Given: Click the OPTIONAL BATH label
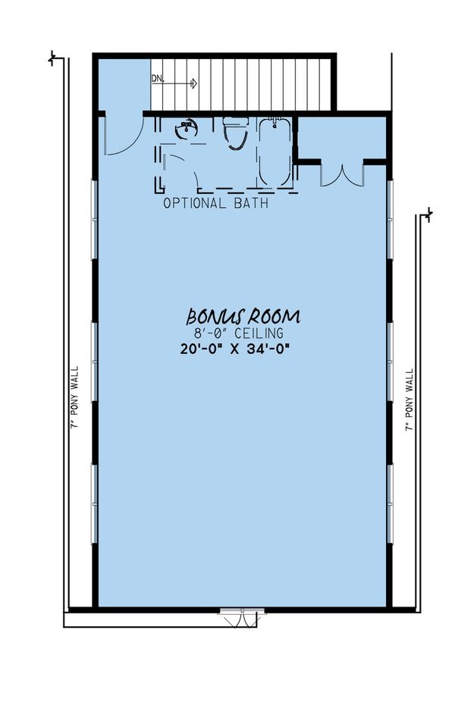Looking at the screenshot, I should pos(215,204).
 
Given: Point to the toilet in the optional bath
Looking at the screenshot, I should pos(236,133).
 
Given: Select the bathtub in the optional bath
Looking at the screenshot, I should pos(274,152).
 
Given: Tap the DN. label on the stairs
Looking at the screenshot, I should pos(158,78).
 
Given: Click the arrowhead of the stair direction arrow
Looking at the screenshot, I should pos(195,83).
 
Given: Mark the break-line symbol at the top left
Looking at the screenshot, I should pos(52,58).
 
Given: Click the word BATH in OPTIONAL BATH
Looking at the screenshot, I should pos(251,204).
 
